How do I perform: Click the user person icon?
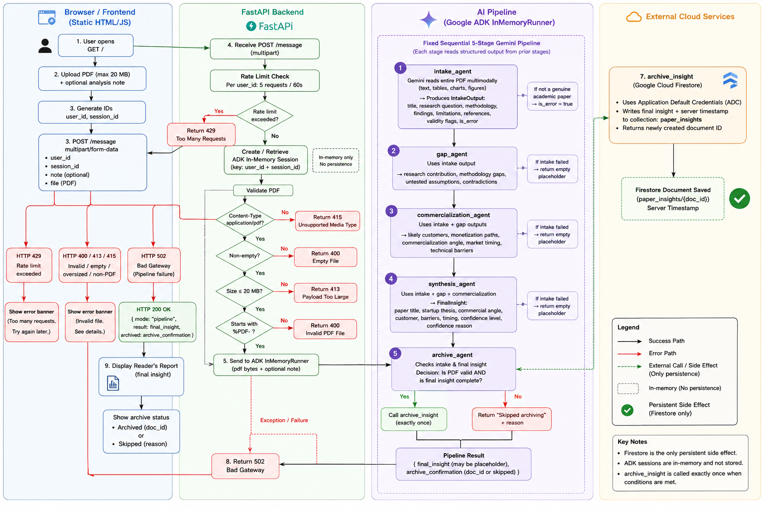click(45, 46)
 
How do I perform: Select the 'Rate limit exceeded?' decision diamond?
click(264, 116)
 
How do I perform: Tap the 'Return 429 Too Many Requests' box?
click(201, 134)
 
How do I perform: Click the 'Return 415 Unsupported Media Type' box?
click(327, 221)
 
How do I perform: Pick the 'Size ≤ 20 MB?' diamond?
click(245, 291)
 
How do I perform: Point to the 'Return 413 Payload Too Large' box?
click(325, 293)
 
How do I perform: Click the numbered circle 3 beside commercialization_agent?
click(391, 211)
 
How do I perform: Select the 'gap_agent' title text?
click(452, 154)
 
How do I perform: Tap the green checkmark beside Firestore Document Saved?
click(740, 198)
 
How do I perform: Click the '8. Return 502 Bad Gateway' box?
click(245, 466)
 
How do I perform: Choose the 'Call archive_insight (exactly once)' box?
click(413, 419)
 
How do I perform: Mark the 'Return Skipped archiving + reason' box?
click(511, 419)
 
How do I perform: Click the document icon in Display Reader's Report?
click(113, 383)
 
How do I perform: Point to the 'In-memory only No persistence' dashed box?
click(336, 160)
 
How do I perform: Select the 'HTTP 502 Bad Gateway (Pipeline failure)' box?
click(154, 265)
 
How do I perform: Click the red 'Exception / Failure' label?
click(284, 420)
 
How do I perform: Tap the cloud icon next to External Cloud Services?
click(634, 17)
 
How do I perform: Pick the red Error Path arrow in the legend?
click(630, 354)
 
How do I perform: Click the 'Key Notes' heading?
click(632, 442)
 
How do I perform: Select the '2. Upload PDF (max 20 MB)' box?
click(92, 79)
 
